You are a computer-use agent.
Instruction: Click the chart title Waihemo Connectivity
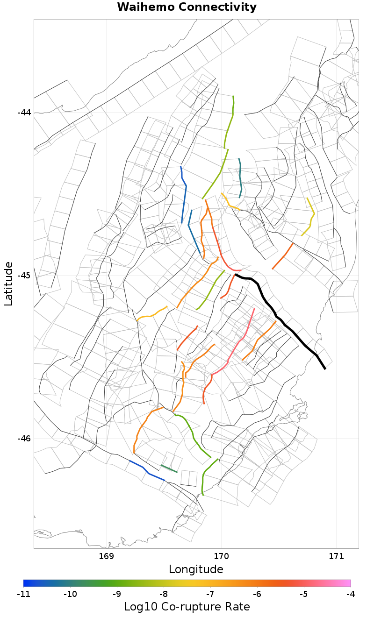(187, 7)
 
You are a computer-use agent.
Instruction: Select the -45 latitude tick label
(24, 276)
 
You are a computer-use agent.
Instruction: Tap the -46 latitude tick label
(24, 439)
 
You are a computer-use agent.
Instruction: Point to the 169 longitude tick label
(107, 556)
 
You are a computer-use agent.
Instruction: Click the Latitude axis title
(8, 284)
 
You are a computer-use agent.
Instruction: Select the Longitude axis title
(196, 569)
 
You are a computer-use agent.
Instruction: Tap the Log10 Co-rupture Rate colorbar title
(187, 607)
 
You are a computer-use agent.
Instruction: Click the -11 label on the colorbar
(23, 594)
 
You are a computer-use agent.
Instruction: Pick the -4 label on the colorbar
(351, 594)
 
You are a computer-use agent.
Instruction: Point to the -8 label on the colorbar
(164, 594)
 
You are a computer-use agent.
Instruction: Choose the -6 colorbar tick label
(257, 594)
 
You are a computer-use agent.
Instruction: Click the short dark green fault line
(169, 468)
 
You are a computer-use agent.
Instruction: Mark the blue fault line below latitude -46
(148, 473)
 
